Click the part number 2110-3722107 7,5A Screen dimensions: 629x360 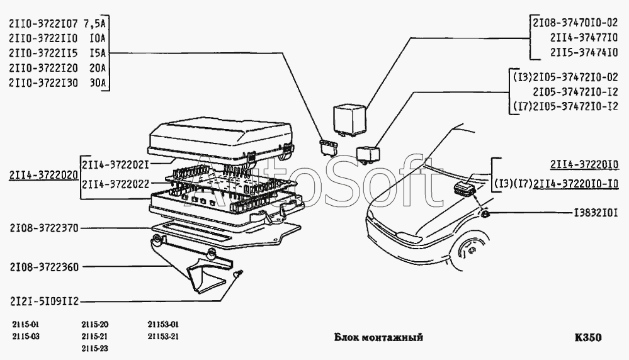tap(57, 23)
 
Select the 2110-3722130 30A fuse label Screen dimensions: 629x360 tap(57, 82)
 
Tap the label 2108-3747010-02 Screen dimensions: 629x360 tap(575, 23)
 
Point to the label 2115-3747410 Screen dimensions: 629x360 tap(584, 52)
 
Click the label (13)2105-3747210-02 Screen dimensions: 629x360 tap(565, 77)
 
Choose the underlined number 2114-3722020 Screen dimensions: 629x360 tap(43, 176)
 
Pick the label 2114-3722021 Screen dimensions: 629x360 tap(115, 165)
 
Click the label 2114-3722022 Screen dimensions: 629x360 tap(115, 184)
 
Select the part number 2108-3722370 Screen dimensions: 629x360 tap(44, 228)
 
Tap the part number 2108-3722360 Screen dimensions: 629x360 tap(44, 267)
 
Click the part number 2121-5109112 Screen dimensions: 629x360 tap(44, 301)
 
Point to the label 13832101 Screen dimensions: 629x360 tap(596, 213)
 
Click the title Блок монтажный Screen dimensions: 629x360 tap(378, 337)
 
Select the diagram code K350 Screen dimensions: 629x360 tap(588, 337)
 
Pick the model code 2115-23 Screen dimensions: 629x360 tap(94, 349)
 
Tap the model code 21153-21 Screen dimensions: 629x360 tap(163, 336)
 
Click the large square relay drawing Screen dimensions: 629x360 tap(350, 119)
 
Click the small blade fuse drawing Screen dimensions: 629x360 tap(329, 147)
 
